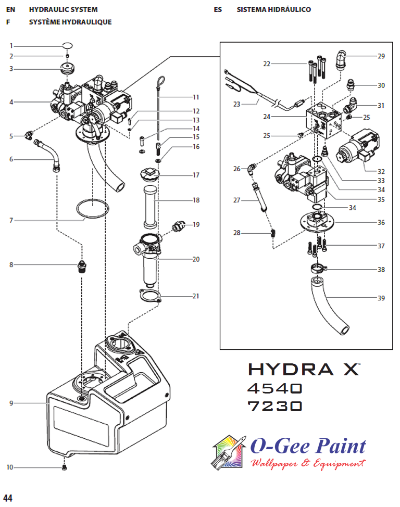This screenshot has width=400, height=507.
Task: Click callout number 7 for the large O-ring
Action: pyautogui.click(x=11, y=221)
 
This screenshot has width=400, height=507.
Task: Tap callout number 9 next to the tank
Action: pyautogui.click(x=11, y=403)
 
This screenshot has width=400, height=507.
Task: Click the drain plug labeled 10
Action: pyautogui.click(x=65, y=468)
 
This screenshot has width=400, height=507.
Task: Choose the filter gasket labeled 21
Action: pyautogui.click(x=150, y=297)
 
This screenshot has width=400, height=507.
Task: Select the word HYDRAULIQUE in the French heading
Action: pyautogui.click(x=85, y=22)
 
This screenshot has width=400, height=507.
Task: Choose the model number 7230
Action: pyautogui.click(x=274, y=405)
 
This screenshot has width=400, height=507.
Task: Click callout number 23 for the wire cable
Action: pyautogui.click(x=236, y=104)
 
